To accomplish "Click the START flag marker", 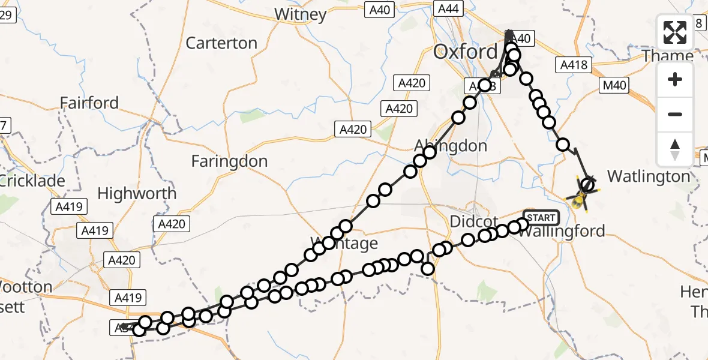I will coord(541,217).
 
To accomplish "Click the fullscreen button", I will coord(675,32).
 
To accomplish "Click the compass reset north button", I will coord(675,149).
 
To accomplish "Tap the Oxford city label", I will coord(466,52).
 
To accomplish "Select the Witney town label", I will coord(300,14).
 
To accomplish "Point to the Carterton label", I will coord(221,43).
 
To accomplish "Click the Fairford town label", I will coord(89,103).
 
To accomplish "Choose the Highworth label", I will coord(137,194).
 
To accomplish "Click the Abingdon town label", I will coord(451,146).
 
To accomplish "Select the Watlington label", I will coord(649,176).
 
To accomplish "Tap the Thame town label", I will coord(668,56).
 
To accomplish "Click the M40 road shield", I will coord(616,86).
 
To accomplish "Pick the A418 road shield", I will coord(575,65).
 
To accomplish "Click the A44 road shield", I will coord(448,8).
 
